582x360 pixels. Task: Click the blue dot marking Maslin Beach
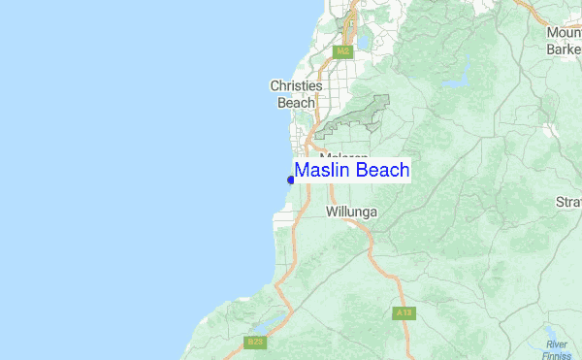tap(291, 179)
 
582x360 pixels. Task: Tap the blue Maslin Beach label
tap(352, 171)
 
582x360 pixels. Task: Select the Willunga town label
tap(351, 211)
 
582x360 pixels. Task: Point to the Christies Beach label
tap(296, 94)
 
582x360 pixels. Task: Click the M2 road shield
tap(341, 51)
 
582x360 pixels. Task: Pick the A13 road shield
tap(404, 313)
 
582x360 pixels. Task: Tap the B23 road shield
tap(255, 342)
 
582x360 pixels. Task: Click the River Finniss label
tap(556, 349)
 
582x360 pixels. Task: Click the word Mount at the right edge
tap(564, 32)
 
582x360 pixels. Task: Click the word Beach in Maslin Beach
tap(382, 171)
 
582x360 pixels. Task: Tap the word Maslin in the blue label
tap(323, 171)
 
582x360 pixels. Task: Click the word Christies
tap(296, 86)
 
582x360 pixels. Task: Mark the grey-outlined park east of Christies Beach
tap(359, 115)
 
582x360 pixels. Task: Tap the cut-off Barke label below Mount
tap(563, 49)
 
